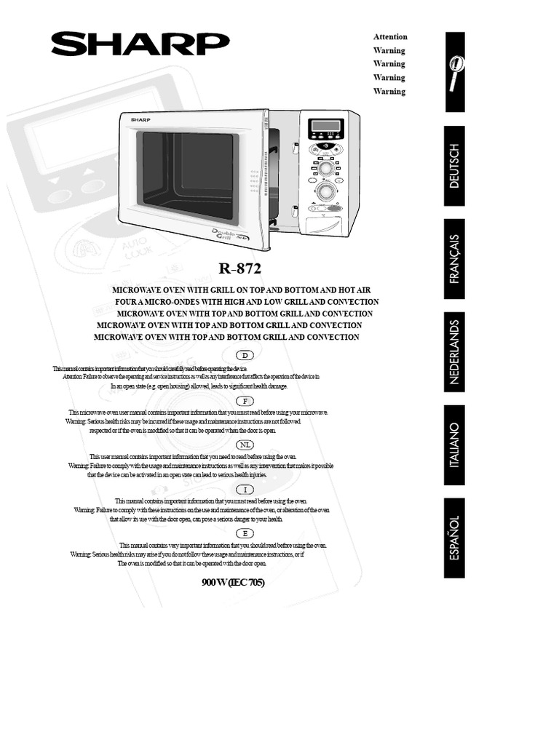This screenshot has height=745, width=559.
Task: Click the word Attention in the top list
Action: pos(390,37)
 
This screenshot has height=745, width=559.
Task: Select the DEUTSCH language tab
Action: pos(454,166)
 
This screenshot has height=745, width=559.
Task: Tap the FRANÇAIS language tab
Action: pos(454,258)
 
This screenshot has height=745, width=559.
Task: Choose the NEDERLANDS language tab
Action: pos(454,351)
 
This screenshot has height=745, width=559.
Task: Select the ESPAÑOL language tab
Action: pos(454,537)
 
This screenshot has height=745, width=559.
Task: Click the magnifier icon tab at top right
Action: pos(453,73)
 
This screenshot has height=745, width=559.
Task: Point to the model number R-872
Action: pos(239,268)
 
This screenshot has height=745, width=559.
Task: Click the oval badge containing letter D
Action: pos(246,355)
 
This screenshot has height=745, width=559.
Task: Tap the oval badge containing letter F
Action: pos(246,401)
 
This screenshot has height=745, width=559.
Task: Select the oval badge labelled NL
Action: pos(246,445)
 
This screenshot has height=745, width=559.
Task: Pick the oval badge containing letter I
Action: pos(246,490)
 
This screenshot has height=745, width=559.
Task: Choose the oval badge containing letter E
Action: pos(246,533)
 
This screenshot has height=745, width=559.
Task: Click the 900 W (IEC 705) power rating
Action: pos(238,583)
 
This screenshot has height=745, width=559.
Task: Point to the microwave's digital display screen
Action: pos(325,126)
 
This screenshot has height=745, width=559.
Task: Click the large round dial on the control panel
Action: pos(327,191)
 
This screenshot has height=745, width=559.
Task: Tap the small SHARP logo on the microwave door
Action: pos(138,118)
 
